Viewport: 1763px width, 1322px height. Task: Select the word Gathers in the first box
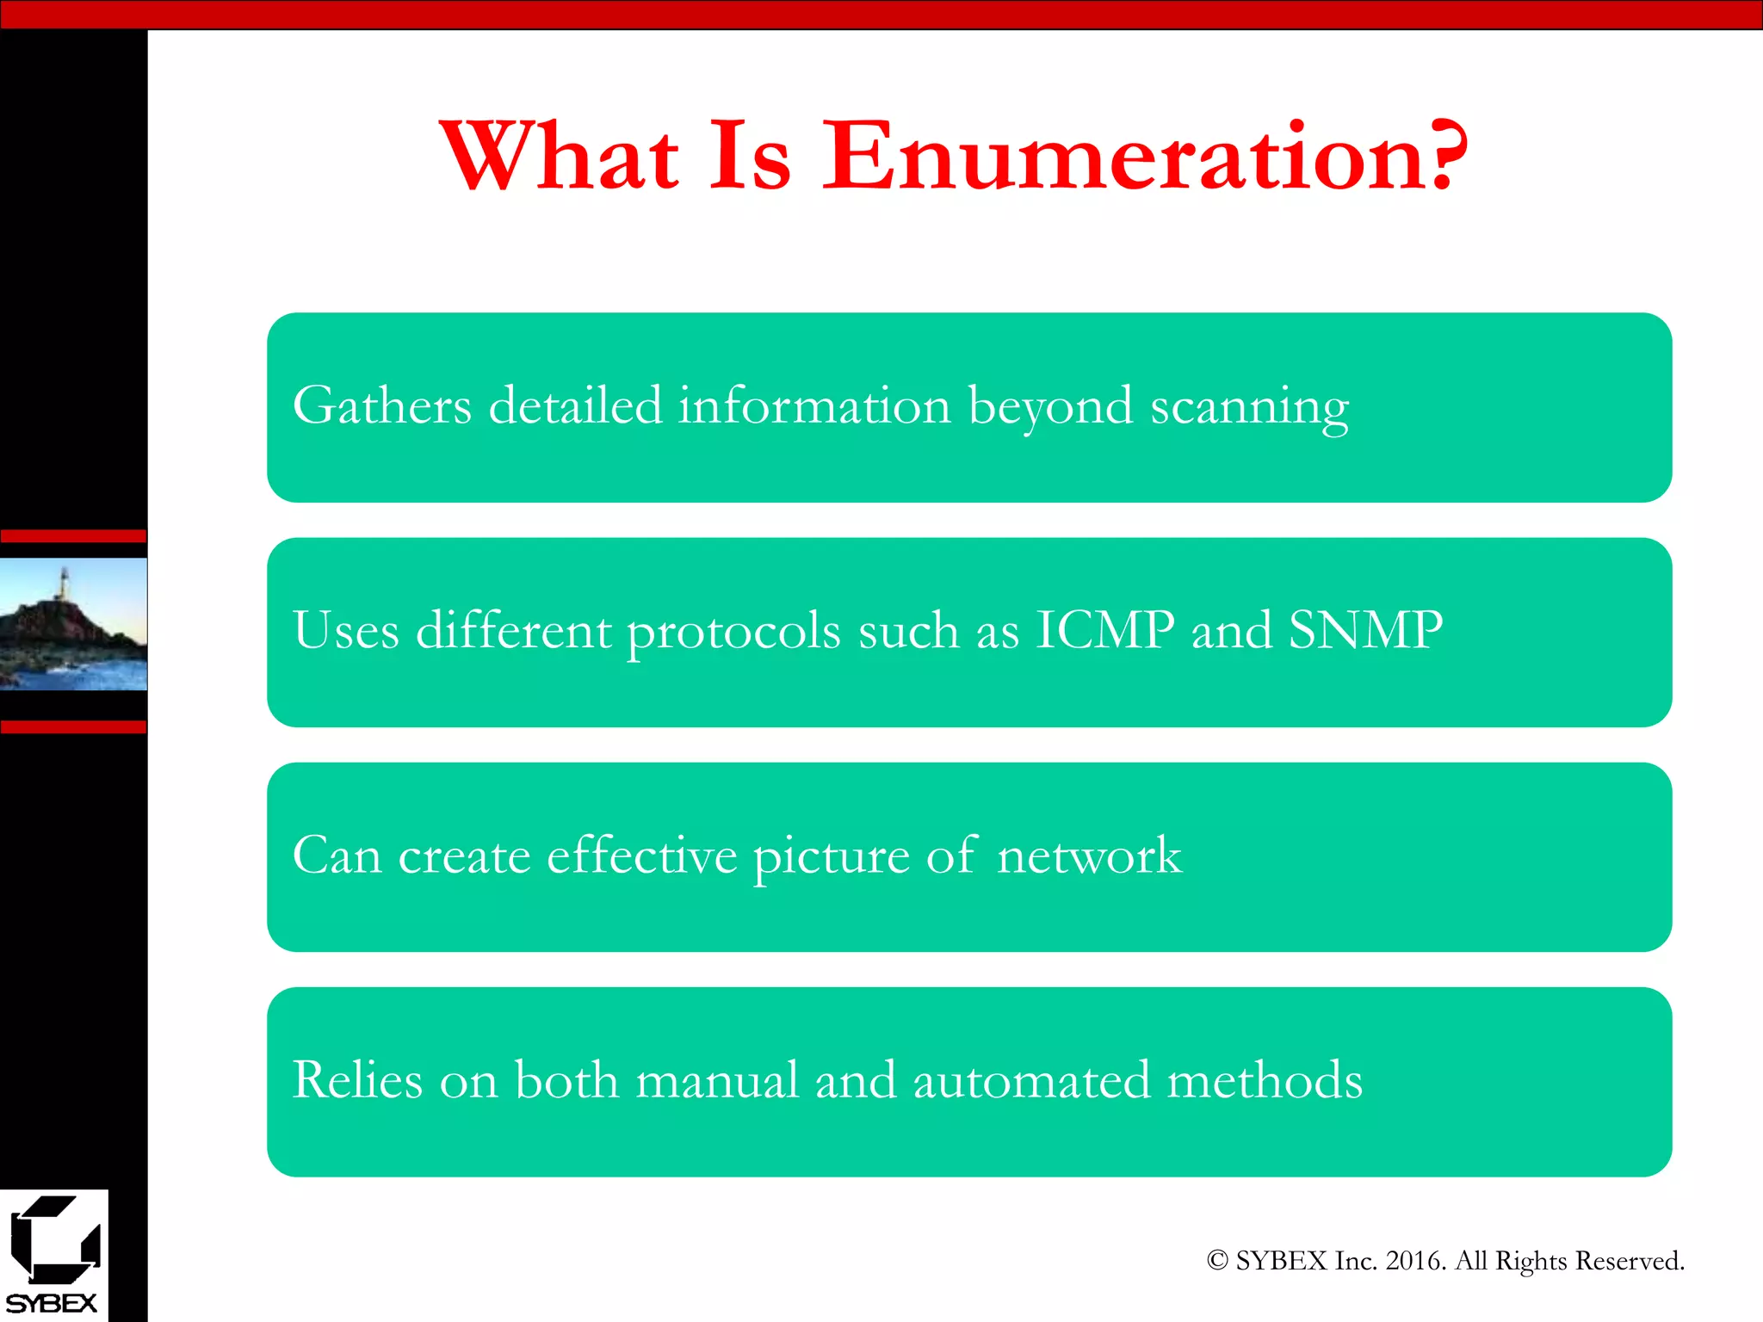coord(382,405)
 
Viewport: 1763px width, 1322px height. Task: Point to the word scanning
coord(1249,407)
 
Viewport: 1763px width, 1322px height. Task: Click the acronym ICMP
coord(1104,630)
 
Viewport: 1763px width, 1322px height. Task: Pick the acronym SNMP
coord(1365,630)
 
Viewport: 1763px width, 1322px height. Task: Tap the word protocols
coord(733,633)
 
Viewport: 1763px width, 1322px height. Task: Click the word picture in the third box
coord(831,856)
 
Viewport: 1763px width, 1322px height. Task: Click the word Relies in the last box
coord(357,1080)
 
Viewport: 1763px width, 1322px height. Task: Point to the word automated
coord(1030,1081)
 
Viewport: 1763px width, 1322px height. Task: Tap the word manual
coord(717,1081)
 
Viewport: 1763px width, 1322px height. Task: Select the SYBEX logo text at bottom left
coord(52,1303)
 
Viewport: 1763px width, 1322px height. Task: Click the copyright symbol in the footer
coord(1216,1261)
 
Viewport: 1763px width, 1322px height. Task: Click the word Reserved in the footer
coord(1630,1261)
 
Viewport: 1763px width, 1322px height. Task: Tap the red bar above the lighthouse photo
coord(73,536)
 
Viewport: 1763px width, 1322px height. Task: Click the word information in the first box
coord(813,405)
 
